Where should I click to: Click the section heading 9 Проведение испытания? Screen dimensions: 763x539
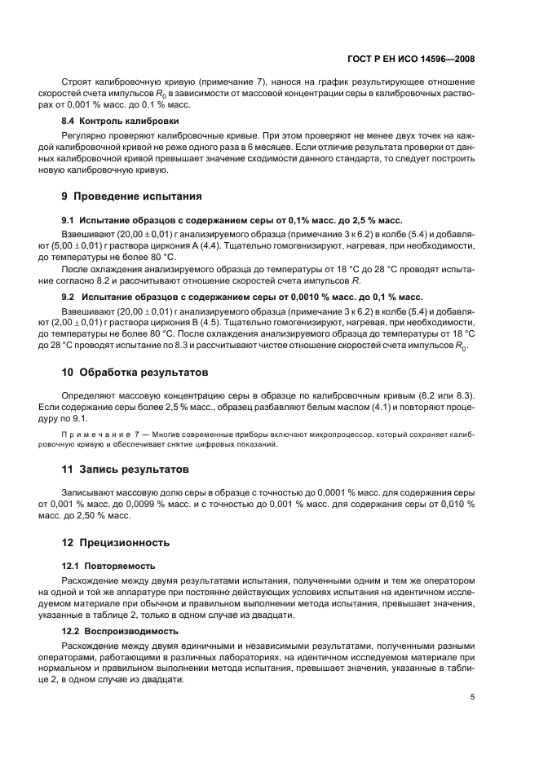[x=131, y=196]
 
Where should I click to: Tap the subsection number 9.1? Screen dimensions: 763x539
[x=69, y=220]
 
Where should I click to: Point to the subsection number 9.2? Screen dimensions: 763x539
[x=69, y=296]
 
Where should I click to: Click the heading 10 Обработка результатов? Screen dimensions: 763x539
[x=135, y=372]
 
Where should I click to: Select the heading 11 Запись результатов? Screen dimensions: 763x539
[x=126, y=470]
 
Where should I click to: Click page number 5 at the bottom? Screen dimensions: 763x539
[x=473, y=697]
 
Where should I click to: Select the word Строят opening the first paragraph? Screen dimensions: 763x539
[x=77, y=82]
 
